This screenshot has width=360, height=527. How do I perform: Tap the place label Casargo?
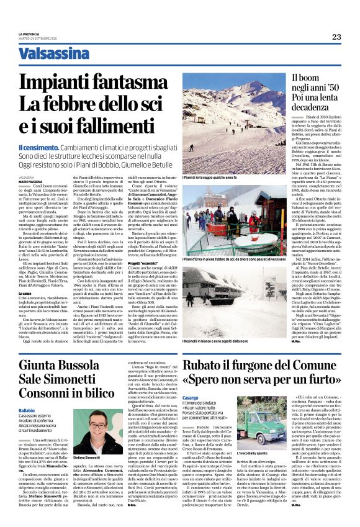coord(191,413)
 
